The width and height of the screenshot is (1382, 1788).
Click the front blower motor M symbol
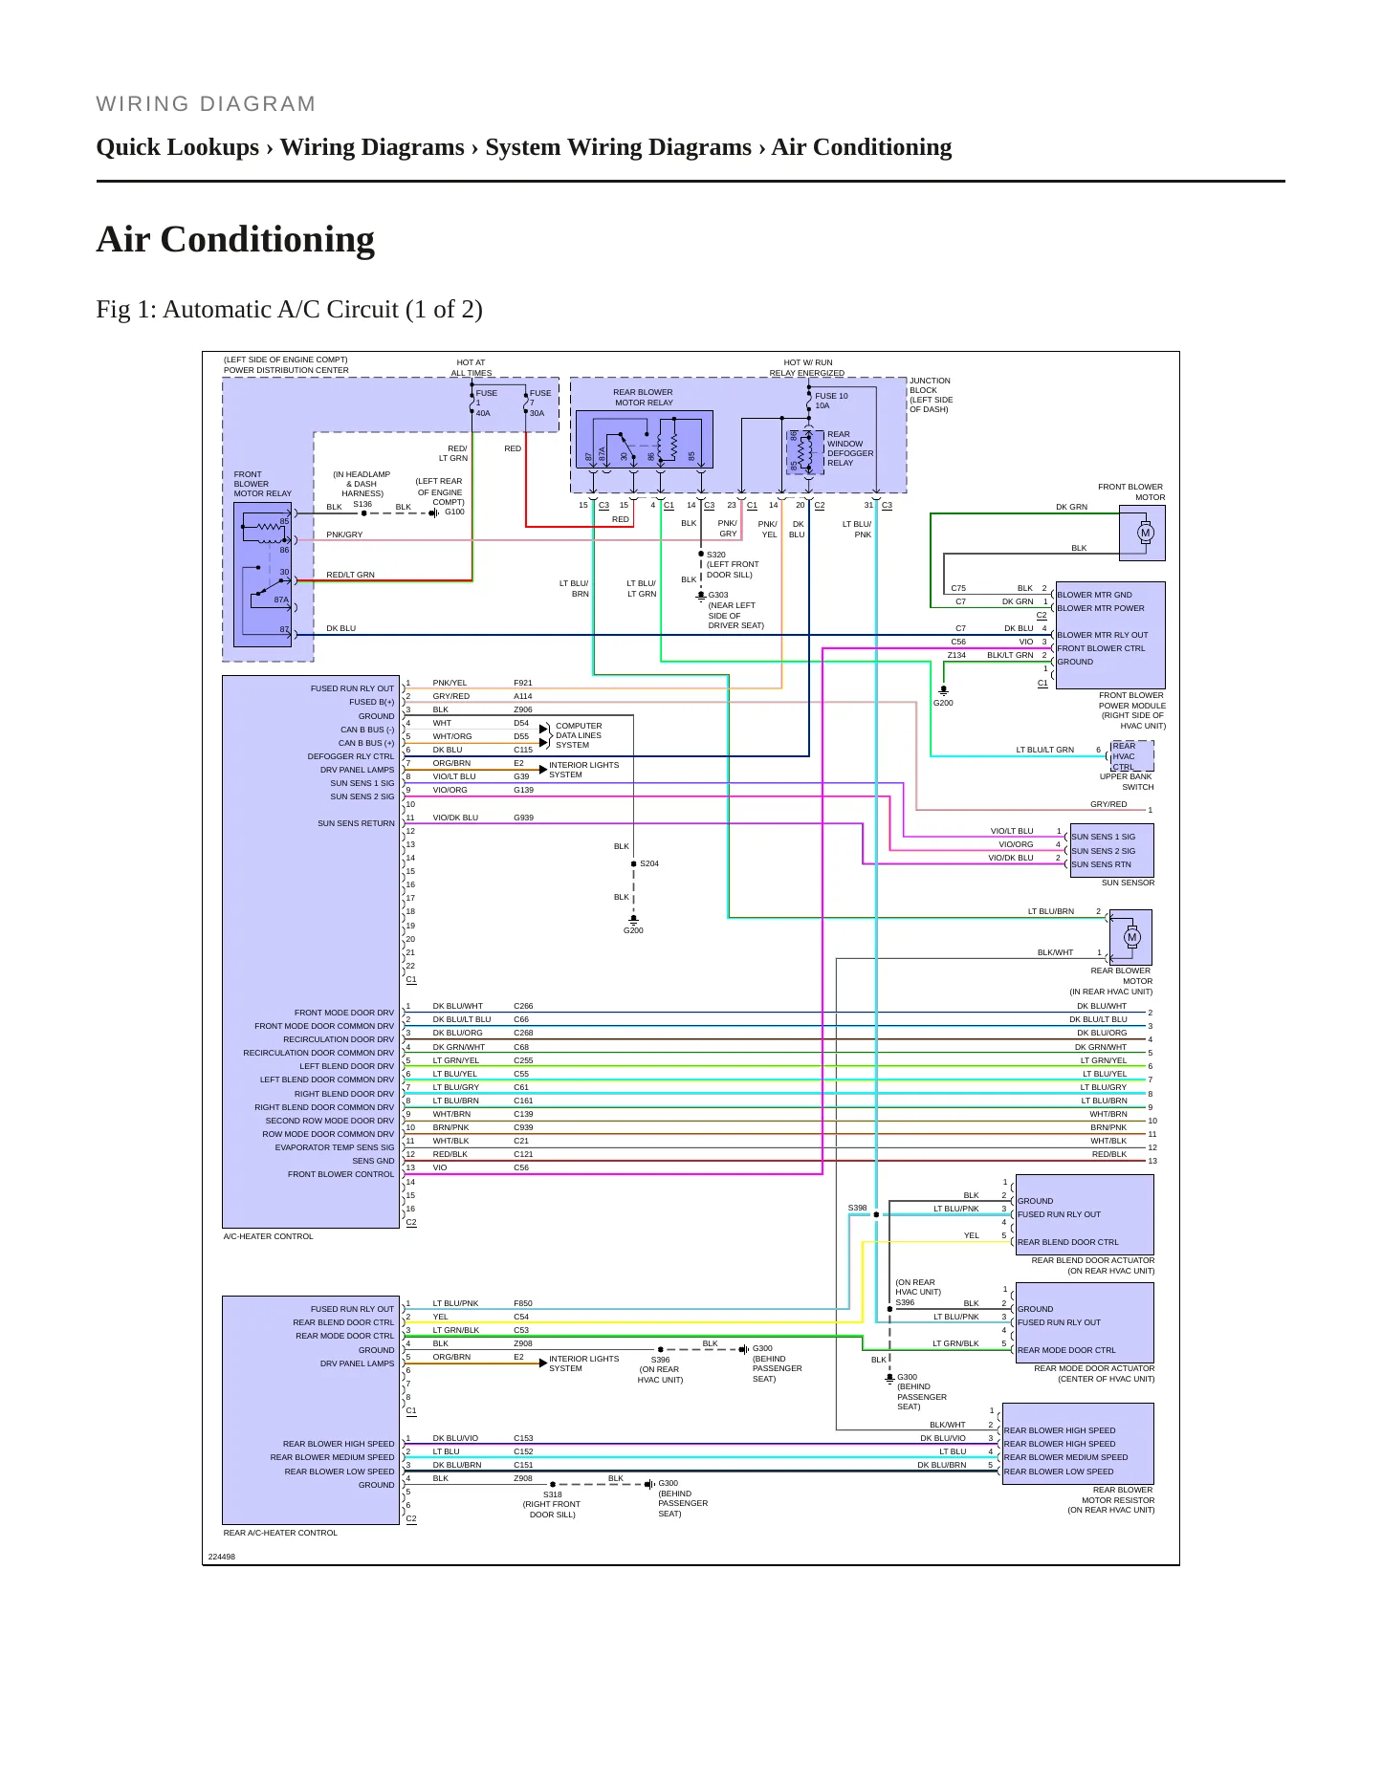[x=1146, y=533]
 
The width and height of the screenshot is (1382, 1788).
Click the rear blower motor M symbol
[x=1132, y=937]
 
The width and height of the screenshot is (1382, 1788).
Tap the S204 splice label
[x=649, y=863]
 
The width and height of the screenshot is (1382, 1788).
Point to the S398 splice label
[x=858, y=1208]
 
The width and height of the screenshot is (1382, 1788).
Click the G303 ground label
[x=718, y=595]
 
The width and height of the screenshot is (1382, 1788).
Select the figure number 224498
[x=222, y=1557]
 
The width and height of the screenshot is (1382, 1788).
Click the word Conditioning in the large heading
[x=267, y=239]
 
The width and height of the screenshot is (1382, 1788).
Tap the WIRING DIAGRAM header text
[x=206, y=103]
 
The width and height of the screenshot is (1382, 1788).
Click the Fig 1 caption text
[x=289, y=309]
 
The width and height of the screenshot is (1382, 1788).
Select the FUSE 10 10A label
[x=831, y=401]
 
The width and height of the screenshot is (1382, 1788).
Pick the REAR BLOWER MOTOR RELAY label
[x=643, y=397]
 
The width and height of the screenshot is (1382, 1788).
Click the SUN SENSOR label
[x=1128, y=883]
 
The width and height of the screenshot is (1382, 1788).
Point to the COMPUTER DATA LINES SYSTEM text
[x=579, y=735]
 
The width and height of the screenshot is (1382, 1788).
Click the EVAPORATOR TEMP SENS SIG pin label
[x=335, y=1147]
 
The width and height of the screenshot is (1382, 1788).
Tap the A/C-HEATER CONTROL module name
[x=269, y=1236]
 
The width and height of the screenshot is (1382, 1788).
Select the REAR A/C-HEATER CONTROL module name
[x=280, y=1533]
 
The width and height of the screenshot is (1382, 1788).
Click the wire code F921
[x=523, y=683]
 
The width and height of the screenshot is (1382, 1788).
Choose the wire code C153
[x=523, y=1438]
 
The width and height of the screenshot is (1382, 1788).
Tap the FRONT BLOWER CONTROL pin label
[x=340, y=1174]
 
